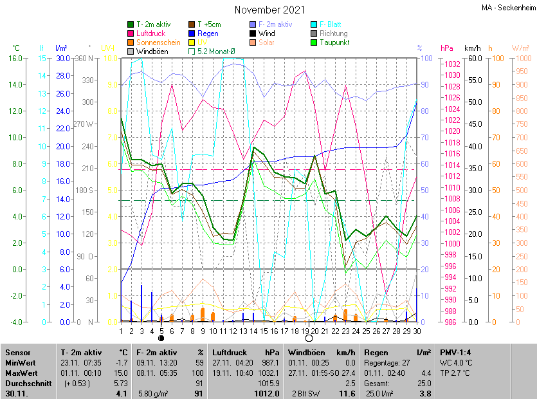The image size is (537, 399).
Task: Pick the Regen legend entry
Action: (x=208, y=33)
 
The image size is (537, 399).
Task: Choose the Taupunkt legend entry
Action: (x=334, y=42)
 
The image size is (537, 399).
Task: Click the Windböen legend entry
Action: (x=152, y=51)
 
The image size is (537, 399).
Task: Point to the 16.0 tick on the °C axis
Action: (x=15, y=58)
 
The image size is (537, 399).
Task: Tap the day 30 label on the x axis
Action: (x=417, y=331)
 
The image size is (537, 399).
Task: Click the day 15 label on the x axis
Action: (x=264, y=331)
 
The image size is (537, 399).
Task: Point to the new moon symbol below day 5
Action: (x=161, y=339)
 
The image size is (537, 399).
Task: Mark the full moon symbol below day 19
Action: (x=309, y=339)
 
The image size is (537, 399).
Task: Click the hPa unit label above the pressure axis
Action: (x=447, y=48)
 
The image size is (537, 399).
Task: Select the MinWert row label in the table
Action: (x=21, y=362)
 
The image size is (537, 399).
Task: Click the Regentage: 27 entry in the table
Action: (x=387, y=362)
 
